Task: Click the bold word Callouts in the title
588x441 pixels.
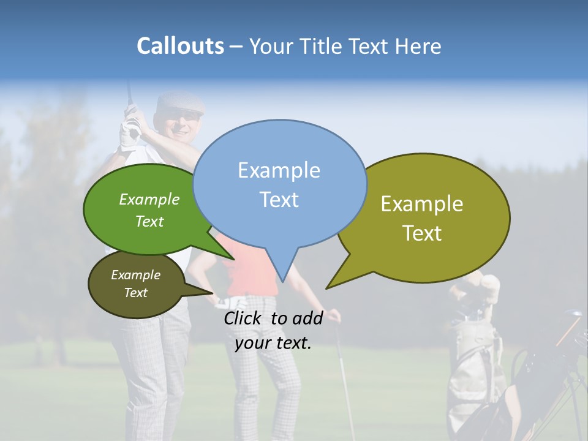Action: (x=180, y=47)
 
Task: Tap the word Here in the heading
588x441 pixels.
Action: (x=419, y=47)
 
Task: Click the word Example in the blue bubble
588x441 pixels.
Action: (x=279, y=170)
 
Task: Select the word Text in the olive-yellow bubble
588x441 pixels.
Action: (x=422, y=233)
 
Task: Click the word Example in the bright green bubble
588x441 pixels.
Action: (x=149, y=200)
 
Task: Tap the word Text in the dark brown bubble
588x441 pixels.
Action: (x=136, y=293)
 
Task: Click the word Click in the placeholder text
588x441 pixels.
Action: (x=243, y=318)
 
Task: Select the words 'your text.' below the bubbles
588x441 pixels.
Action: (x=273, y=343)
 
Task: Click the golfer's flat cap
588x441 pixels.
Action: (x=179, y=104)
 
